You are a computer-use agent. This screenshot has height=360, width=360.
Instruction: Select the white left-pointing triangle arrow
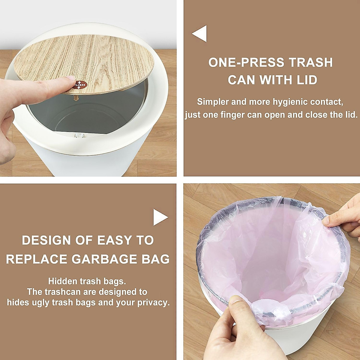(x=200, y=33)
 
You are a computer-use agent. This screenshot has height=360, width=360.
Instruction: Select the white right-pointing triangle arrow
(x=160, y=217)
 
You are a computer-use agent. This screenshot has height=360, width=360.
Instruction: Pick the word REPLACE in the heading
(x=36, y=259)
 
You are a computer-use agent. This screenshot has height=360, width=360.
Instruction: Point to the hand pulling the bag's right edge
(x=345, y=216)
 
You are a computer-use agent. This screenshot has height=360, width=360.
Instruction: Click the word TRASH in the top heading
(x=311, y=62)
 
